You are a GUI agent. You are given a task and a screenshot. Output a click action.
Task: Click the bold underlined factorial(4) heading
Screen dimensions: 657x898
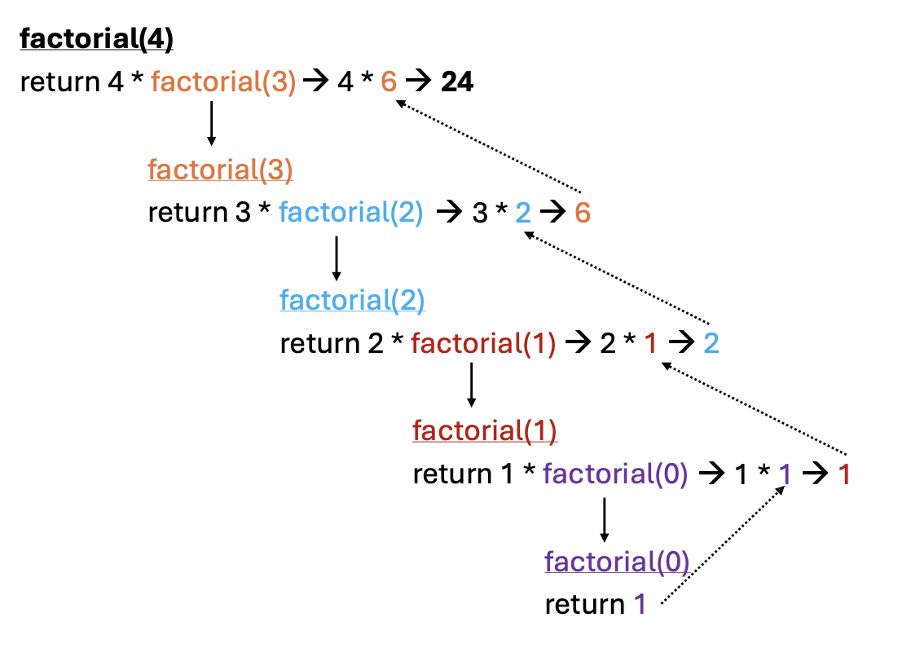(x=96, y=40)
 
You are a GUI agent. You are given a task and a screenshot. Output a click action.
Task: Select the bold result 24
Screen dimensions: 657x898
(x=457, y=82)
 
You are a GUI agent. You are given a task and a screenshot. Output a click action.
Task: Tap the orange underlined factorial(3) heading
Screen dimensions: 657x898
(x=220, y=170)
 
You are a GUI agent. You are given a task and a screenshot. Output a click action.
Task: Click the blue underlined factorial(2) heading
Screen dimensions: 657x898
(x=352, y=301)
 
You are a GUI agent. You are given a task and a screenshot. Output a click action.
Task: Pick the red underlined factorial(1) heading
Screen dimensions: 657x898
(x=485, y=430)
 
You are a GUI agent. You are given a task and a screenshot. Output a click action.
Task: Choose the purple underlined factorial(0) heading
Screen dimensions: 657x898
(x=617, y=562)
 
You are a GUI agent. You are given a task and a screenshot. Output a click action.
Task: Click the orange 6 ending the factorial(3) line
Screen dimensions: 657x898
(x=582, y=213)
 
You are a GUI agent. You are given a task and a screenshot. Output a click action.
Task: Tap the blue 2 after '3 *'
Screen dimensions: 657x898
(x=523, y=213)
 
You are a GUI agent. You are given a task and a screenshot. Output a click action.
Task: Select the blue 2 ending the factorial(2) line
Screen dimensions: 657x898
(x=711, y=343)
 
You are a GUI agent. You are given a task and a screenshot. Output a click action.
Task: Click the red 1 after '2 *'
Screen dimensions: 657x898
(x=650, y=343)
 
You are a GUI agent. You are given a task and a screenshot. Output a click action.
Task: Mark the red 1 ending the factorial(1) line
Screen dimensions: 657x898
(x=844, y=474)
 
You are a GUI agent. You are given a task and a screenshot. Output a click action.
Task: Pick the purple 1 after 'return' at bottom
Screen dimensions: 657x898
(x=640, y=605)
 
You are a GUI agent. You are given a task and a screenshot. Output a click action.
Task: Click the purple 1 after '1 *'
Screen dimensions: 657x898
(x=784, y=474)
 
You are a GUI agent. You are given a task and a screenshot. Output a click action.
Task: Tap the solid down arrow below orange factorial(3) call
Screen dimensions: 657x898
(x=211, y=123)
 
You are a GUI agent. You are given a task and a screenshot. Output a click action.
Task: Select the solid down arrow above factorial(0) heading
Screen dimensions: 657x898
(x=604, y=519)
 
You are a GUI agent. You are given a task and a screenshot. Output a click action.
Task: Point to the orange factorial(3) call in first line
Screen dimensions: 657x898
(x=223, y=82)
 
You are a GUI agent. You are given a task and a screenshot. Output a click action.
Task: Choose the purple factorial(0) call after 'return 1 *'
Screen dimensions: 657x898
(x=615, y=474)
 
